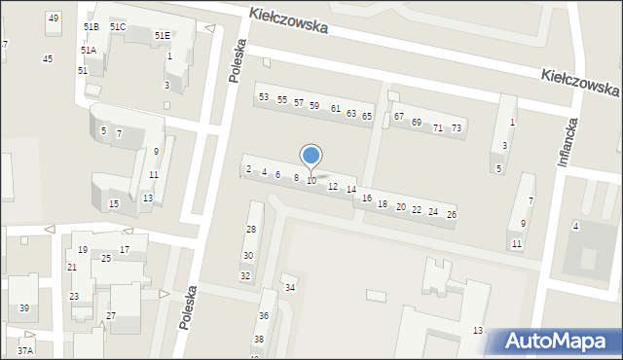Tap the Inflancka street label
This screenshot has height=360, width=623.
coord(570,142)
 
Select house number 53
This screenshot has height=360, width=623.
coord(264,96)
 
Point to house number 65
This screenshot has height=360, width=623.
coord(367,116)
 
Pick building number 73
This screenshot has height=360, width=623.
coord(457,128)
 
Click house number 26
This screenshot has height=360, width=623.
coord(451,214)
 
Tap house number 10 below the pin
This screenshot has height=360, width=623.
coord(311,181)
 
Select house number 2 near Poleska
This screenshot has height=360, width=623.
coord(248,169)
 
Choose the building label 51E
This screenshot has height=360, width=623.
coord(161,35)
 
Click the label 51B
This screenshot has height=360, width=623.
coord(92,27)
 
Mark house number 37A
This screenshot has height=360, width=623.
coord(25,350)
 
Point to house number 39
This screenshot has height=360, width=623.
coord(24,308)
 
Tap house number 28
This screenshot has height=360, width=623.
coord(250,230)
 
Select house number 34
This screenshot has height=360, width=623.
coord(289,288)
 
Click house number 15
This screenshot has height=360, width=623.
coord(114,203)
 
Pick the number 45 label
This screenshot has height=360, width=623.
coord(48,59)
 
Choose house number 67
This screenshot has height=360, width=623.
coord(399,117)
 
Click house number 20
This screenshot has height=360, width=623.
coord(400,206)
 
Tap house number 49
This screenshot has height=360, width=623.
coord(53,18)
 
